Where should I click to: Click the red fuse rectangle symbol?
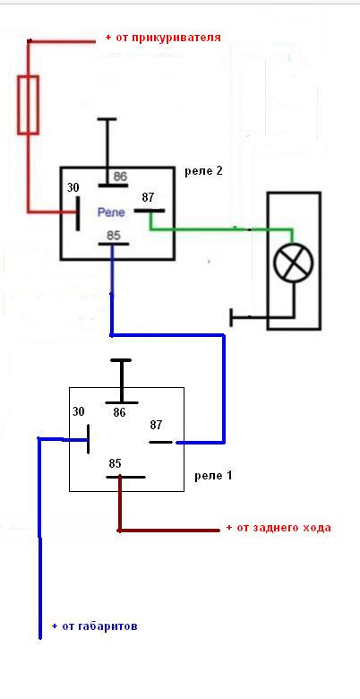[x=28, y=105]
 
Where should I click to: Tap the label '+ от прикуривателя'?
[x=163, y=38]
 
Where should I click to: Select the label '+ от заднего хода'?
[x=279, y=528]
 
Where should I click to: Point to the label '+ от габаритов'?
[x=94, y=626]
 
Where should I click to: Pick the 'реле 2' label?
[x=203, y=171]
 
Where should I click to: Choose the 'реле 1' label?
[x=213, y=476]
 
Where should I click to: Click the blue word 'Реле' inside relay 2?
[x=111, y=213]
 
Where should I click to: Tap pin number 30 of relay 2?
[x=73, y=187]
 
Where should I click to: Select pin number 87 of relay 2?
[x=148, y=197]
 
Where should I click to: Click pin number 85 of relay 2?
[x=114, y=235]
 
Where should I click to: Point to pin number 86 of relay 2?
[x=120, y=176]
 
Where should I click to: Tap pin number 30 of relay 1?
[x=79, y=411]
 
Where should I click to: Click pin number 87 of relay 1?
[x=156, y=426]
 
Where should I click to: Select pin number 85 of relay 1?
[x=115, y=463]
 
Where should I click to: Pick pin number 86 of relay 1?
[x=119, y=413]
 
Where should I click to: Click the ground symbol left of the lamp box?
[x=250, y=317]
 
